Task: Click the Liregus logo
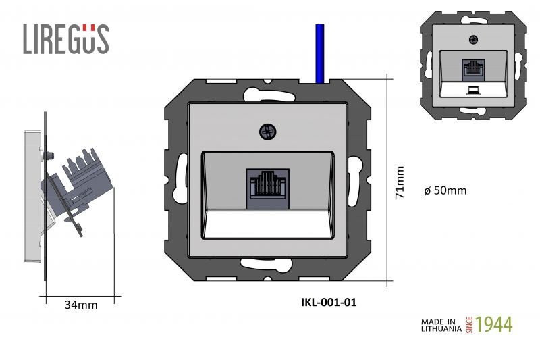(x=66, y=39)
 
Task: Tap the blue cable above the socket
(x=320, y=54)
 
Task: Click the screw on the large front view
(x=268, y=132)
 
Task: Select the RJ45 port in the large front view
(x=267, y=188)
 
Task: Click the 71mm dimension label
(x=400, y=182)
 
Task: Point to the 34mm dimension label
(x=81, y=305)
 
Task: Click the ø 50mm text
(x=446, y=190)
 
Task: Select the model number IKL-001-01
(x=329, y=302)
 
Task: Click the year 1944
(x=494, y=324)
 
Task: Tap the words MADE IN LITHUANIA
(x=441, y=325)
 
